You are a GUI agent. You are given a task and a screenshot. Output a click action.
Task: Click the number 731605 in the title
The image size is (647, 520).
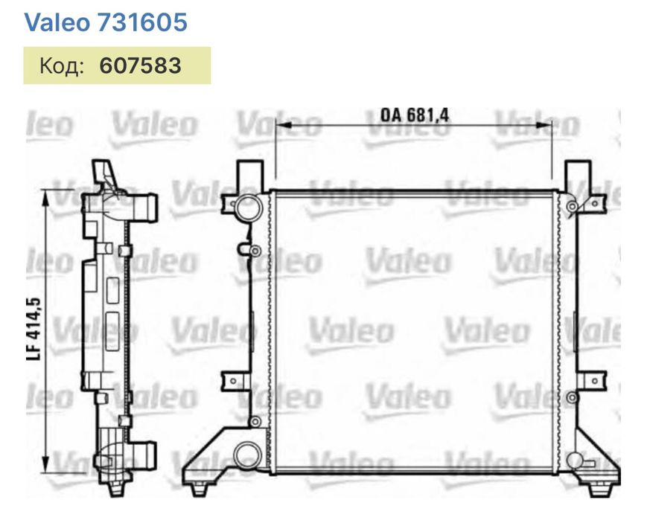coord(142,22)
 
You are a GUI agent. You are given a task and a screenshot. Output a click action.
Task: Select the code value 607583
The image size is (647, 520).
coord(140,65)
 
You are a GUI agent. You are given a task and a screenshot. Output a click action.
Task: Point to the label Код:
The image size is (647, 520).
coord(60,65)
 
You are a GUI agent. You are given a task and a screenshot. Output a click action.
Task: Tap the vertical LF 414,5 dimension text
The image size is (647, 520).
coord(34,327)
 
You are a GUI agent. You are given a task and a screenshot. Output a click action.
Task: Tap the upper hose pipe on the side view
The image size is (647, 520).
coord(146,206)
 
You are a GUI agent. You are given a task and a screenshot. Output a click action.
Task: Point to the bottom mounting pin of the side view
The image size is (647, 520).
coord(116,489)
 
